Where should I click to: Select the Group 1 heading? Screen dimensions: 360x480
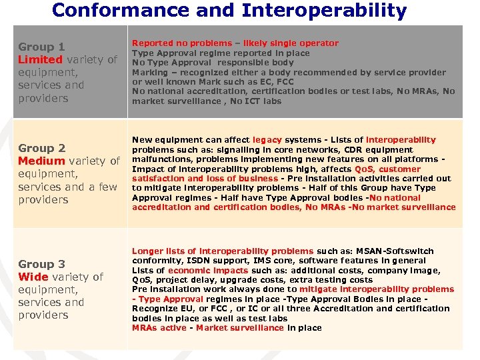(41, 47)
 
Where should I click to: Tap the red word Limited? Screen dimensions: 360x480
(41, 60)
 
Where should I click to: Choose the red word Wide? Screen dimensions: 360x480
(33, 277)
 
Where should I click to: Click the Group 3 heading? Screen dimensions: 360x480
(41, 264)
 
